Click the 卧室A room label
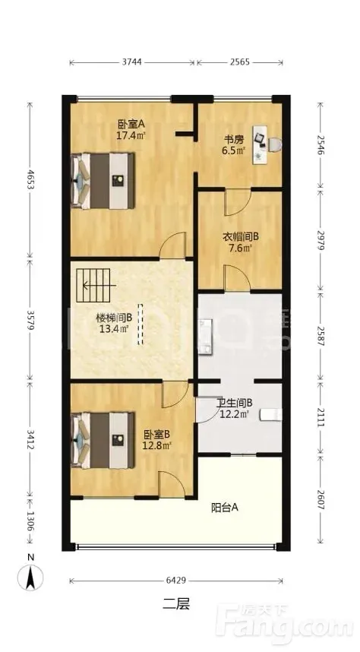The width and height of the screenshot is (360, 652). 131,124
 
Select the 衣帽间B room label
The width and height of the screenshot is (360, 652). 242,237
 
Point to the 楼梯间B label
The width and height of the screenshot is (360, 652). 114,318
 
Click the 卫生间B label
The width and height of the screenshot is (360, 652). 235,403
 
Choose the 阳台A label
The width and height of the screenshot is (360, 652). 225,508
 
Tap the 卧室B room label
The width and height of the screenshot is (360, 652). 156,435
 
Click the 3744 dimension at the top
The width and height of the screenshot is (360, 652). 132,62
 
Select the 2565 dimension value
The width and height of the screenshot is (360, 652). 240,62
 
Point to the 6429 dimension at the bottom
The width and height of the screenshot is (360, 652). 176,580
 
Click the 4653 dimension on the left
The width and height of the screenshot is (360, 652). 30,180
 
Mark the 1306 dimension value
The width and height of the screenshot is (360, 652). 30,521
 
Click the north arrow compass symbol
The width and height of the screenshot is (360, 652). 30,578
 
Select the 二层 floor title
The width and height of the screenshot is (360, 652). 176,603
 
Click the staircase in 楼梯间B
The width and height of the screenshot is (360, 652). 93,286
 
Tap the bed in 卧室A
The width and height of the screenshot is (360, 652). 103,181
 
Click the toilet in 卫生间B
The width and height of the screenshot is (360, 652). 271,415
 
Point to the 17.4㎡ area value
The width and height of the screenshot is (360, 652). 131,135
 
